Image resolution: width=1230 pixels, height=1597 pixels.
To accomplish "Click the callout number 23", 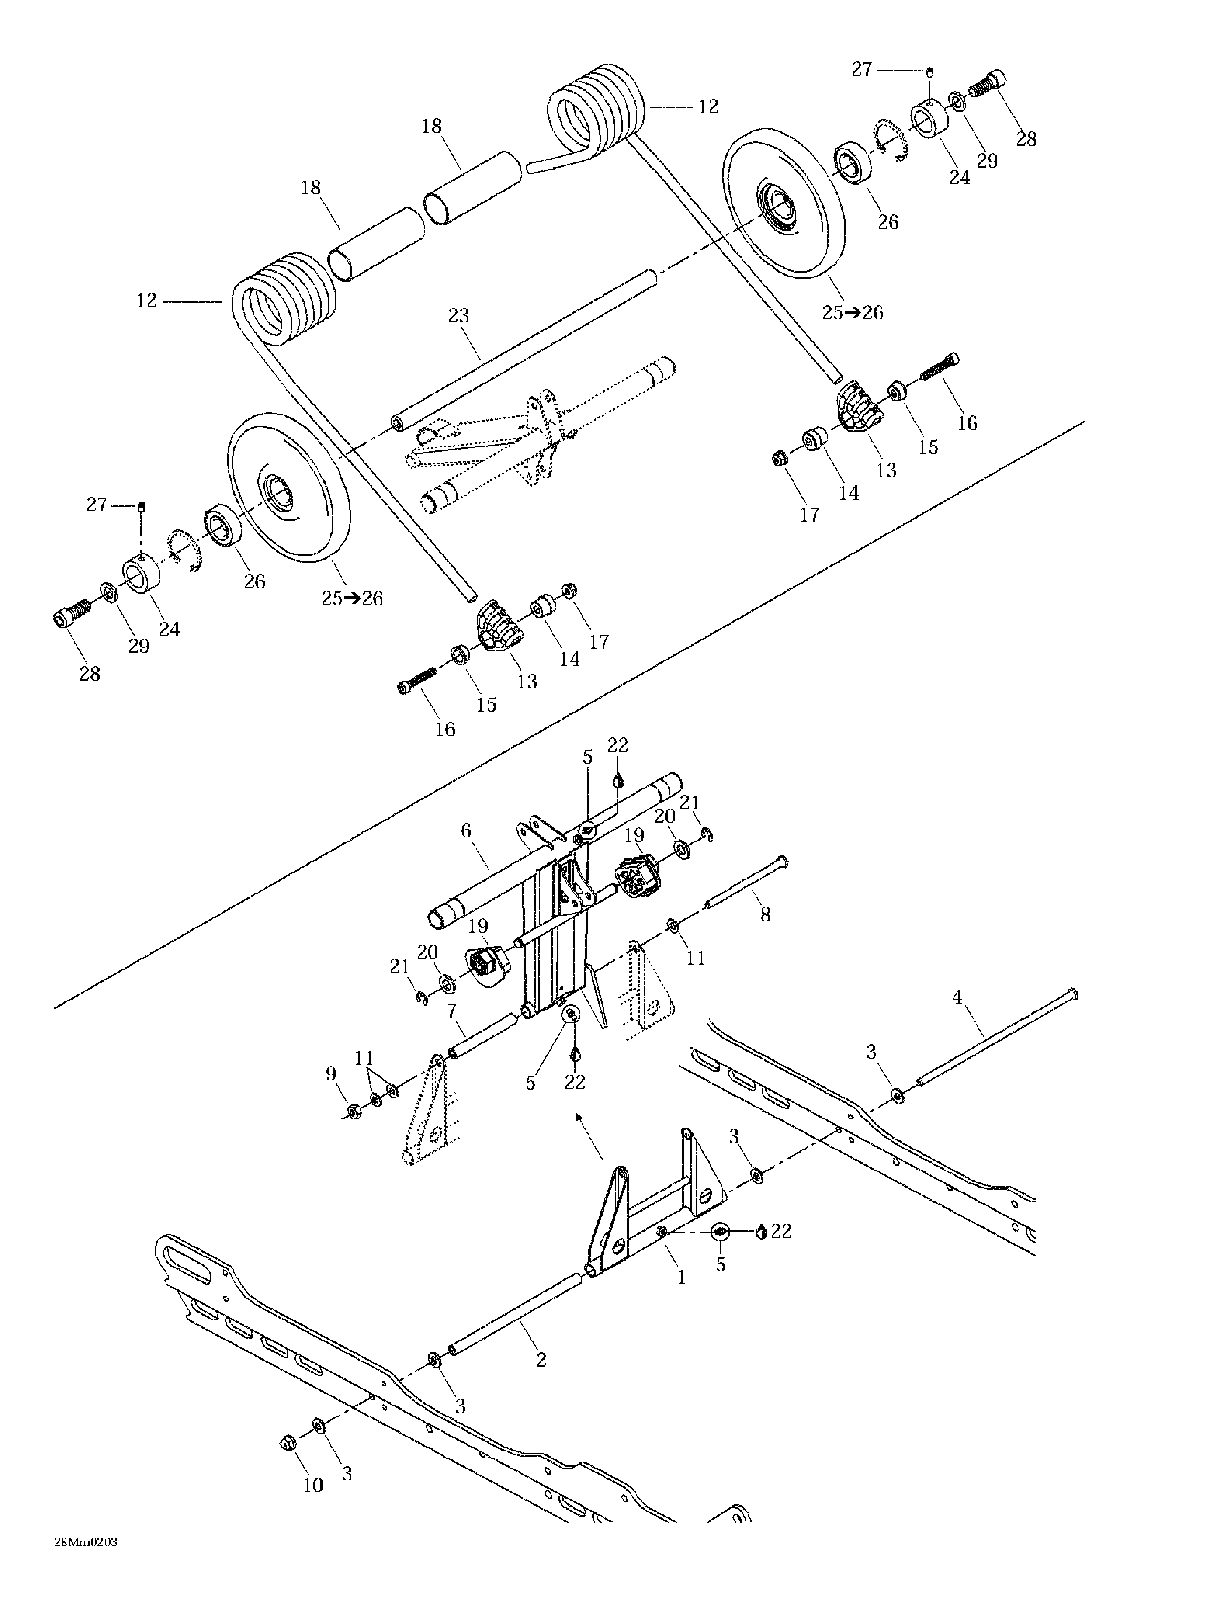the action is pos(458,316).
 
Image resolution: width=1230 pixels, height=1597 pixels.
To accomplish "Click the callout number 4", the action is pos(957,997).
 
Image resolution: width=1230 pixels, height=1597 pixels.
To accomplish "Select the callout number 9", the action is pos(330,1074).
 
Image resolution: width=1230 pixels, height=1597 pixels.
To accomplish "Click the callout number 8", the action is pos(765,915).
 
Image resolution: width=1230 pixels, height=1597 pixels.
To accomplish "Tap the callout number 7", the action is pos(452,1012).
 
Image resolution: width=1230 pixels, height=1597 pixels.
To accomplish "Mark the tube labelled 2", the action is pos(516,1314).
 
